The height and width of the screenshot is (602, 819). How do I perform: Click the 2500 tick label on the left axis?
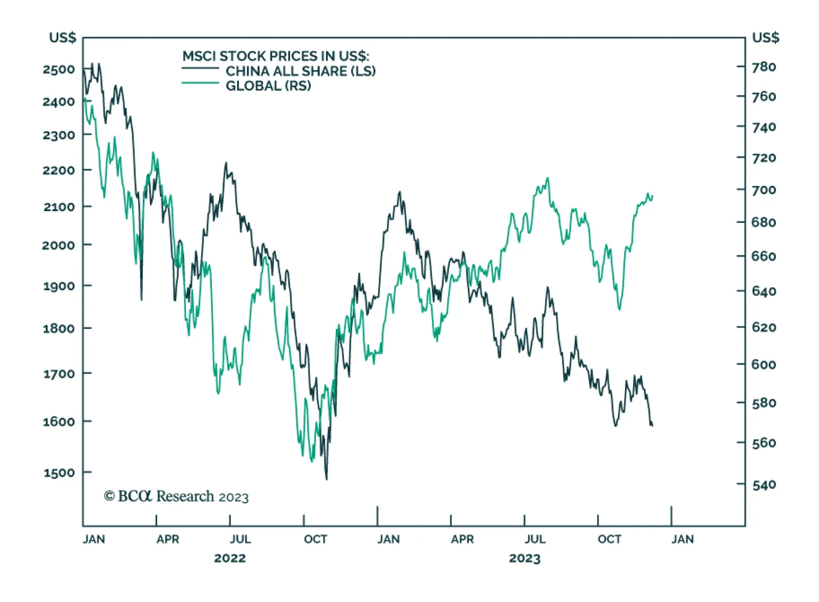tap(59, 69)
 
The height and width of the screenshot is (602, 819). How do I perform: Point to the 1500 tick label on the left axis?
tap(59, 472)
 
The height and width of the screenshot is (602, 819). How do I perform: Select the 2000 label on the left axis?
tap(59, 245)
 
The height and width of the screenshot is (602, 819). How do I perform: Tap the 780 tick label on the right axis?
tap(764, 67)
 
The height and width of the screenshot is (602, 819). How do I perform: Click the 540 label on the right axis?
tap(764, 484)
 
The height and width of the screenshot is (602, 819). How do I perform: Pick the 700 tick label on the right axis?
tap(764, 190)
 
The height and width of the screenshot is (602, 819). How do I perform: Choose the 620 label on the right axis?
tap(764, 327)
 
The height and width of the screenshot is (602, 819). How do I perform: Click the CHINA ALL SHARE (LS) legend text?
tap(300, 71)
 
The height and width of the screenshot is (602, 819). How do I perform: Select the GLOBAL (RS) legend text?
tap(268, 86)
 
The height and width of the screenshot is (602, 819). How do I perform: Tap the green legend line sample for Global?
tap(200, 83)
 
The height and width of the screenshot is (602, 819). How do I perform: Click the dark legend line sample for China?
tap(200, 68)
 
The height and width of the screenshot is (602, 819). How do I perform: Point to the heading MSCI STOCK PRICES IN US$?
tap(275, 56)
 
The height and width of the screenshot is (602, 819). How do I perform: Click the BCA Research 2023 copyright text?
tap(176, 496)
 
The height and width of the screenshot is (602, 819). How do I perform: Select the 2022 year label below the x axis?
tap(230, 558)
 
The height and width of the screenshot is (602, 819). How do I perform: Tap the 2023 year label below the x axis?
tap(525, 558)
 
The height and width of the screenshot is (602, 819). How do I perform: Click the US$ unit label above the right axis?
tap(765, 37)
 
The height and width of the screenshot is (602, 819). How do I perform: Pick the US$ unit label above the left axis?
tap(62, 37)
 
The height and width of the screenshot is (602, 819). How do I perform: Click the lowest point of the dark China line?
tap(327, 479)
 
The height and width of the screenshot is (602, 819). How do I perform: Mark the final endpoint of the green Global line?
tap(653, 195)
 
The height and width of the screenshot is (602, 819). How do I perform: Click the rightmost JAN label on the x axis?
tap(682, 539)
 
